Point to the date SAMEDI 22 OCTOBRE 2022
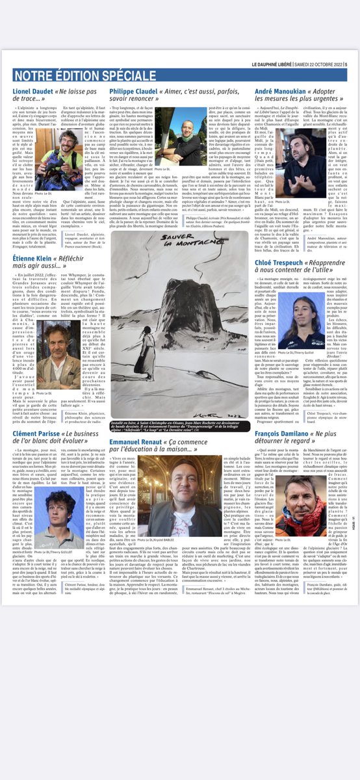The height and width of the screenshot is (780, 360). [321, 64]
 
